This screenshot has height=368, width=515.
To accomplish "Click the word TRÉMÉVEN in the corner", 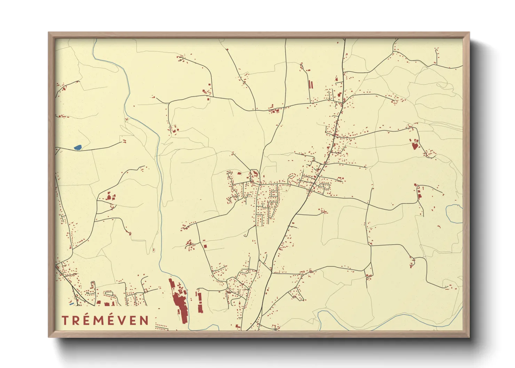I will point(105,320).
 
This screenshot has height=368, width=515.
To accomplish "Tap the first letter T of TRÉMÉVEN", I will point(65,320).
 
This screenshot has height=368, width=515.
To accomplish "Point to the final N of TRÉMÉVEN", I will point(144,320).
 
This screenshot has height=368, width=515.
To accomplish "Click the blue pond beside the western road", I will point(77,147).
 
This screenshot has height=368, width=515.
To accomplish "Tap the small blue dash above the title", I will point(72,304).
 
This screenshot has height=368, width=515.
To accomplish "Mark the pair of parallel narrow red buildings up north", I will point(311,85).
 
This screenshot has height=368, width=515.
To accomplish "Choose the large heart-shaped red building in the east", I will point(414,145).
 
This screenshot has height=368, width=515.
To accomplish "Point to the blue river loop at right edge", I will point(452,214).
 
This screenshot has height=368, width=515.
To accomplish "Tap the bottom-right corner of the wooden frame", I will point(469,336).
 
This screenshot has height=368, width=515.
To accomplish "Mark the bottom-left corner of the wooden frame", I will point(49,336).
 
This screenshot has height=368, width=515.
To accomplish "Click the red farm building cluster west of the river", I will point(110,197).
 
